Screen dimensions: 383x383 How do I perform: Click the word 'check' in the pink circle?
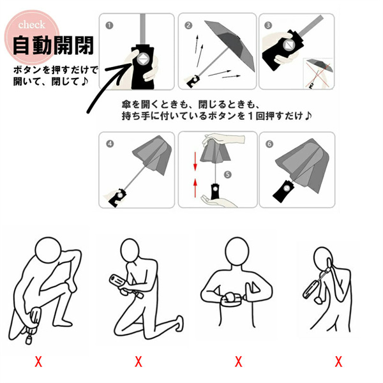tap(31, 25)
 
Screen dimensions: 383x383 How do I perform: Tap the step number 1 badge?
tap(109, 26)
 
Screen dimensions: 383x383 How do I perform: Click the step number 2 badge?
tap(188, 26)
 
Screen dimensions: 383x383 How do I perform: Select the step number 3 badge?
tap(268, 26)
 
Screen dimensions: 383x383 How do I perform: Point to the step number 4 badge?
tap(110, 144)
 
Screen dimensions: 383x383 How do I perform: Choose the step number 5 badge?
tap(228, 174)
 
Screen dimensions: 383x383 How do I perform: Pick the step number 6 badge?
tap(269, 144)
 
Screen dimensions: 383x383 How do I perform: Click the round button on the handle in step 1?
tap(142, 59)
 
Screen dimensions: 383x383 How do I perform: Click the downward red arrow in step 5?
tap(195, 161)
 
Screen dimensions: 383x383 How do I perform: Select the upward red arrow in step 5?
tap(195, 188)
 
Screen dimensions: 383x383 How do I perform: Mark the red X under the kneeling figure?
tap(139, 361)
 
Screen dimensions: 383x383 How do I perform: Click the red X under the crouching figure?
tap(38, 361)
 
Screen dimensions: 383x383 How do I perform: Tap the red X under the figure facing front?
tap(238, 361)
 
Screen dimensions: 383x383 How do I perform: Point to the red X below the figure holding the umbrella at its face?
tap(338, 361)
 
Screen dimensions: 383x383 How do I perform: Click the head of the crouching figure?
tap(48, 250)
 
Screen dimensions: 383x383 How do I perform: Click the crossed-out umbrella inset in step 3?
tap(318, 73)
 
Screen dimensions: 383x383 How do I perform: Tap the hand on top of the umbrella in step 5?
tap(223, 139)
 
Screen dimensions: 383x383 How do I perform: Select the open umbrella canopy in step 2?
tap(230, 44)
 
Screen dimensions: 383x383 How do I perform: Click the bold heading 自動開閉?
tap(53, 45)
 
